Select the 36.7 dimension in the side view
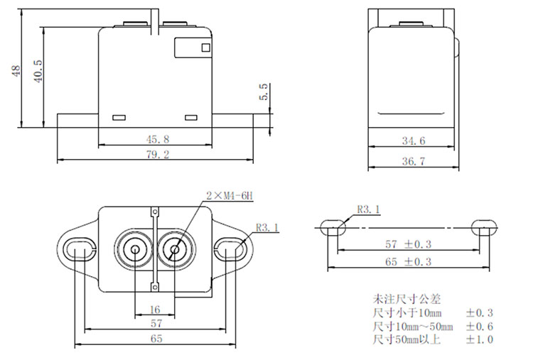coord(413,163)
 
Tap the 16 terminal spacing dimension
coord(155,310)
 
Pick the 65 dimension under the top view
coord(156,339)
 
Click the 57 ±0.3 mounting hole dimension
coord(408,244)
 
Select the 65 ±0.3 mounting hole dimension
coord(408,262)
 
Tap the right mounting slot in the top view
coord(231,249)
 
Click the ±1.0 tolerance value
coord(480,339)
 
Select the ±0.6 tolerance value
coord(480,326)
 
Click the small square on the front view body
coord(206,48)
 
